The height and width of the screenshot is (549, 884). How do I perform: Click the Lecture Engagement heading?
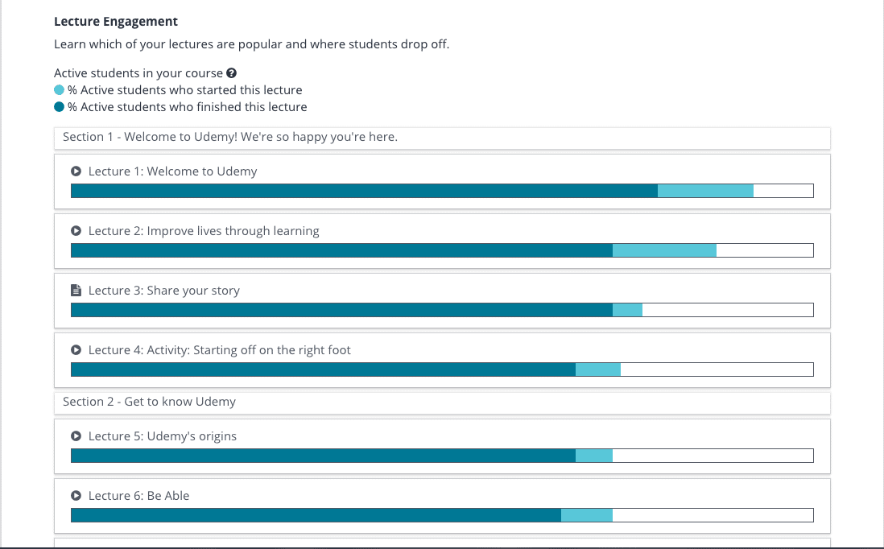click(x=116, y=22)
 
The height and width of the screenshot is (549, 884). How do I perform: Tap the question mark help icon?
click(x=231, y=73)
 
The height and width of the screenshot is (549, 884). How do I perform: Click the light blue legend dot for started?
click(x=60, y=90)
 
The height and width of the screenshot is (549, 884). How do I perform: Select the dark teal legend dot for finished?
click(x=60, y=107)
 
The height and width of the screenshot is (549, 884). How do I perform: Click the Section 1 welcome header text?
click(x=230, y=137)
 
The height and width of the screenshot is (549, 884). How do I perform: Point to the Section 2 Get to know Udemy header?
click(x=150, y=402)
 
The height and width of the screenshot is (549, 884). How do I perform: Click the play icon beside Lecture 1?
click(x=76, y=171)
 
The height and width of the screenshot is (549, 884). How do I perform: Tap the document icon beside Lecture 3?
click(x=76, y=291)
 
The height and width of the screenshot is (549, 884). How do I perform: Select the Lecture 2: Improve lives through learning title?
click(x=204, y=231)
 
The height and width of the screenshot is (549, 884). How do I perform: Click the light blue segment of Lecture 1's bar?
click(x=705, y=191)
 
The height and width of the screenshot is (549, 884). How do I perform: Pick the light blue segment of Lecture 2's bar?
click(x=665, y=250)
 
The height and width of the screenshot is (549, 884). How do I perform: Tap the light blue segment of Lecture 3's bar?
click(x=627, y=310)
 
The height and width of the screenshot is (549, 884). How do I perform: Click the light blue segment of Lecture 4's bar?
click(x=598, y=369)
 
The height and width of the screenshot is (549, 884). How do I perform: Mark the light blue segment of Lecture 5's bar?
click(x=594, y=456)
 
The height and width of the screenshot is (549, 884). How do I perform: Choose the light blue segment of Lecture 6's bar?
click(x=587, y=515)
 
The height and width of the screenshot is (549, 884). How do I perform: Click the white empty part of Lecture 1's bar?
click(x=783, y=191)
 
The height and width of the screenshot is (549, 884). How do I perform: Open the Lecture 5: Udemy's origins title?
click(x=163, y=436)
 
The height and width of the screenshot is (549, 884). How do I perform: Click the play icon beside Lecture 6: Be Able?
click(x=76, y=495)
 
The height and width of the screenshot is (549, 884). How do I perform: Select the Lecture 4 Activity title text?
click(x=219, y=350)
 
